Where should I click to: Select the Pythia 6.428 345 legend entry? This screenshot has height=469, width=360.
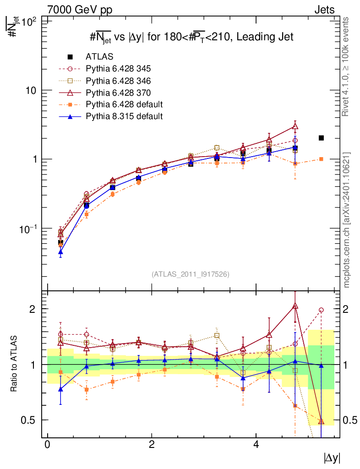coord(118,69)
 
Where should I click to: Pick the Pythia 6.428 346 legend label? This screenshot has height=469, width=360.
coord(118,81)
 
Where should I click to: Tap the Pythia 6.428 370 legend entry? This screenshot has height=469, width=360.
coord(118,93)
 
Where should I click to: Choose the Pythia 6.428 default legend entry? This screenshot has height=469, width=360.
coord(124,104)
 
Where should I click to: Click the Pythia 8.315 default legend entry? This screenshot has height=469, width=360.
coord(124,116)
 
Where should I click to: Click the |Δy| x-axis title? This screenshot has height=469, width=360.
coord(332,458)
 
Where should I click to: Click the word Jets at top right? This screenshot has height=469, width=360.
coord(324,9)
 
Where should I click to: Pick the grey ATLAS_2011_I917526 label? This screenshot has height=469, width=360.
coord(190,274)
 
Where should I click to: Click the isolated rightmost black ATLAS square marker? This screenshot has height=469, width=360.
coord(321,138)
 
